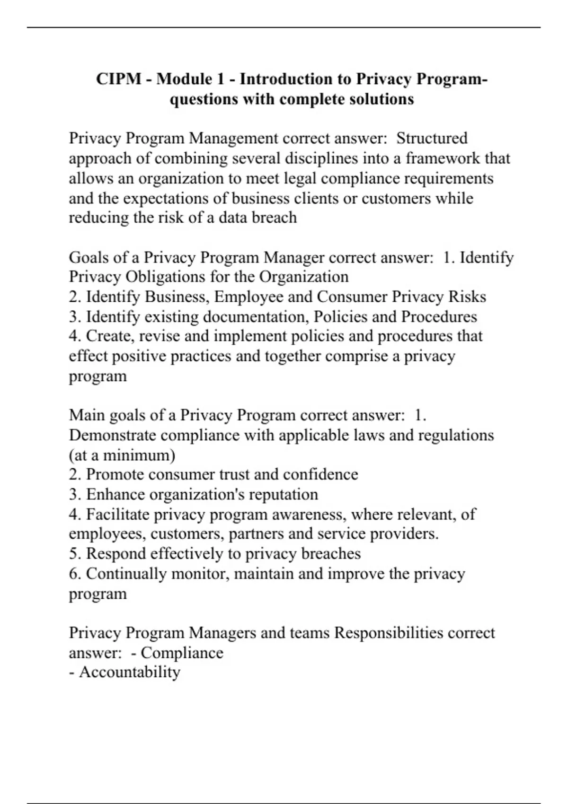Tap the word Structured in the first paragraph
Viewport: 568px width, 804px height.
coord(432,138)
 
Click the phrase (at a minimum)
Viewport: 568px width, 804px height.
coord(122,455)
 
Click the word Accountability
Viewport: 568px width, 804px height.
coord(129,672)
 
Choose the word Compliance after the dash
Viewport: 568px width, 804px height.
coord(182,653)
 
